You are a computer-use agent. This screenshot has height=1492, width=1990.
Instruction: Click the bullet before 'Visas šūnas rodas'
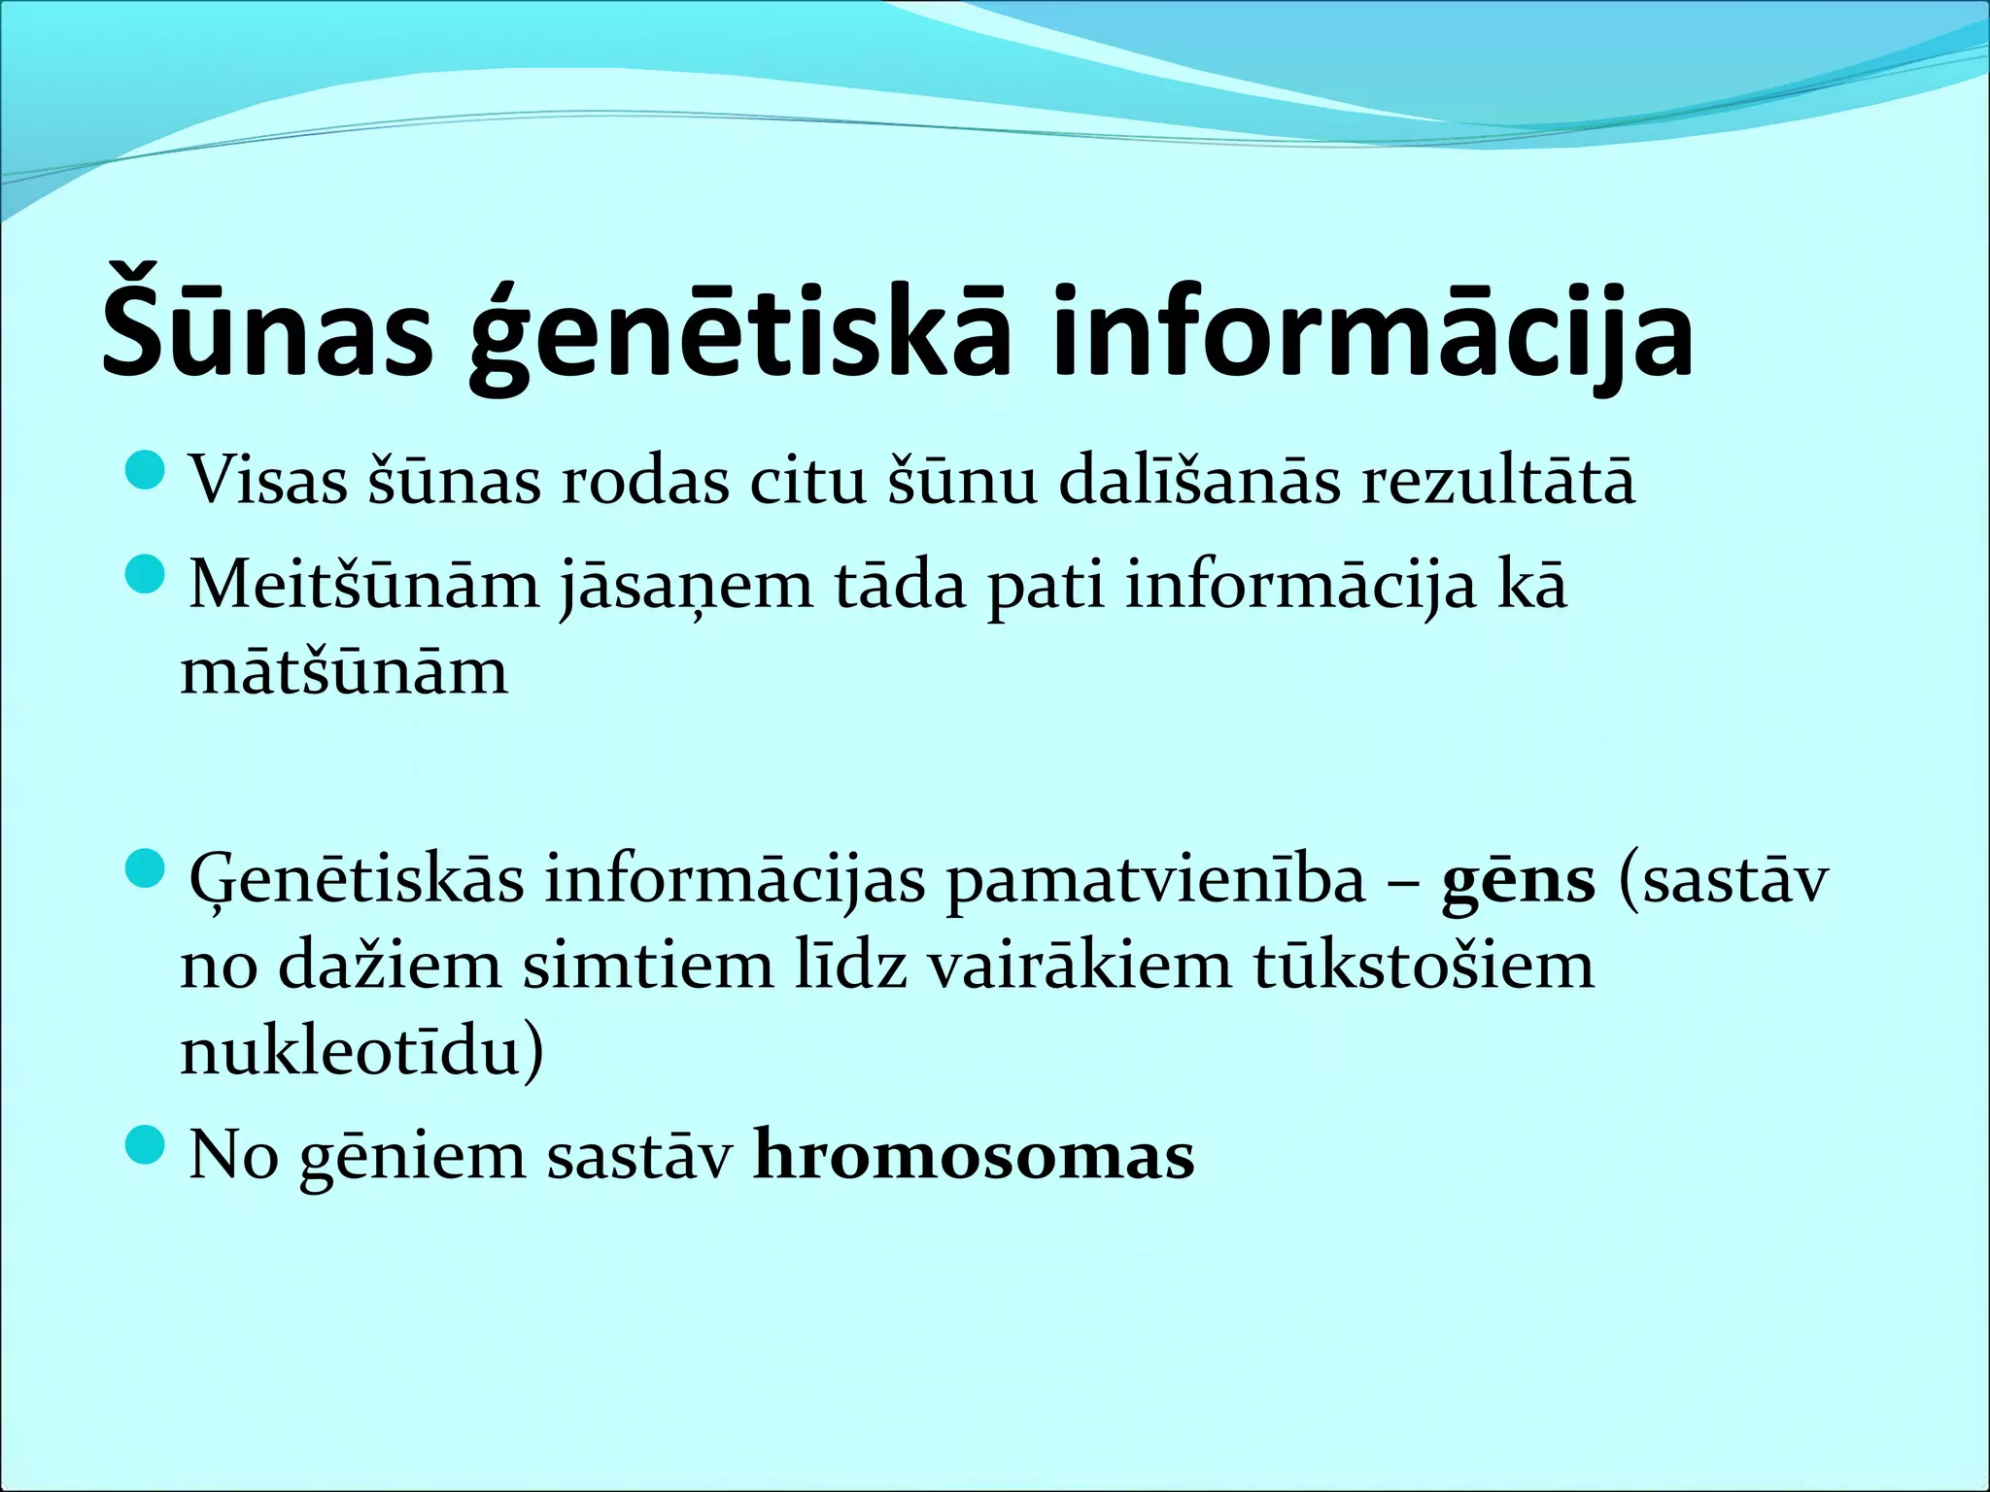pyautogui.click(x=147, y=470)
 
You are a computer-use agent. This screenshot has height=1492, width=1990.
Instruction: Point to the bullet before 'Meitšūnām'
pyautogui.click(x=147, y=575)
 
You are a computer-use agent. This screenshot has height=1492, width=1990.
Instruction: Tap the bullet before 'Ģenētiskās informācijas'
pyautogui.click(x=147, y=867)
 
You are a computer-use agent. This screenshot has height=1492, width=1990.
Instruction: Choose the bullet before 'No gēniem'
pyautogui.click(x=147, y=1146)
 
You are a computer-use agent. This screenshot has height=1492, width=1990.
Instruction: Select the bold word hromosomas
pyautogui.click(x=974, y=1156)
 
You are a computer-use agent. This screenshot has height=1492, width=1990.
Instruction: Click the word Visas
pyautogui.click(x=268, y=481)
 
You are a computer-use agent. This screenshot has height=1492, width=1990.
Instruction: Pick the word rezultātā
pyautogui.click(x=1497, y=481)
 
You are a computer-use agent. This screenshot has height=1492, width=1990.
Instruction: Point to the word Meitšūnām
pyautogui.click(x=363, y=586)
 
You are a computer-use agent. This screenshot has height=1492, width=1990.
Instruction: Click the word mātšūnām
pyautogui.click(x=344, y=671)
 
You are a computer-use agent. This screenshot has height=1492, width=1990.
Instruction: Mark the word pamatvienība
pyautogui.click(x=1155, y=880)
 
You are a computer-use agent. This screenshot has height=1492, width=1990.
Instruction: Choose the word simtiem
pyautogui.click(x=648, y=966)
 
